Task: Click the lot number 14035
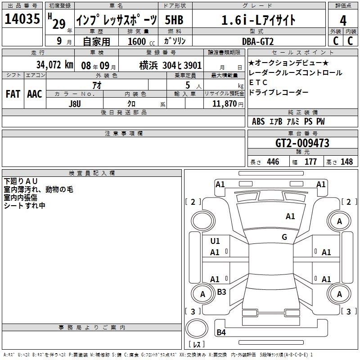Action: [x=22, y=19]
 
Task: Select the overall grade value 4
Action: [x=343, y=21]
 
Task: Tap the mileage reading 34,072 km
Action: [x=54, y=65]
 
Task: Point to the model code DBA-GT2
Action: [x=258, y=41]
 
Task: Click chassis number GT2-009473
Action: [x=302, y=143]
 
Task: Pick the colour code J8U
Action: [x=75, y=104]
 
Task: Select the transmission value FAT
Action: [x=13, y=94]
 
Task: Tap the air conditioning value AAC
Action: [x=35, y=94]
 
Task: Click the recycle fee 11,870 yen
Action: [x=228, y=104]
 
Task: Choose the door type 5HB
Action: [x=174, y=20]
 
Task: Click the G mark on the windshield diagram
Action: [x=284, y=237]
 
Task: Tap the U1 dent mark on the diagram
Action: [x=215, y=241]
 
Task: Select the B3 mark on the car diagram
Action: [x=221, y=292]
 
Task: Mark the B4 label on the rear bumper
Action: [x=221, y=332]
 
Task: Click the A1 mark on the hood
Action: [x=290, y=216]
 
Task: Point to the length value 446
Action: [x=273, y=162]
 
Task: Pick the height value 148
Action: [x=346, y=162]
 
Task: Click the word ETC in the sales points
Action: [x=258, y=82]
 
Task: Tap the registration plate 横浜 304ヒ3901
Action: [x=171, y=66]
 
